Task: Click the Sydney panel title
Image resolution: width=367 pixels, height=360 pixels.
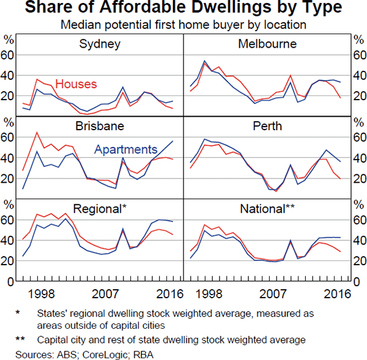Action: pos(100,45)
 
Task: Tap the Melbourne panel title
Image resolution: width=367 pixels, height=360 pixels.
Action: pos(267,45)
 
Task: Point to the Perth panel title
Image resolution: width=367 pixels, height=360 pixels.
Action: pos(267,127)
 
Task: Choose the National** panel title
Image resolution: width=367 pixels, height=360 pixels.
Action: pos(267,208)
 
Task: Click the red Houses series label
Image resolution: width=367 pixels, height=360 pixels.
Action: pos(76,84)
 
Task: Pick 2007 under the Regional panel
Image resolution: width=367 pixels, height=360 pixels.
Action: pos(109,293)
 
